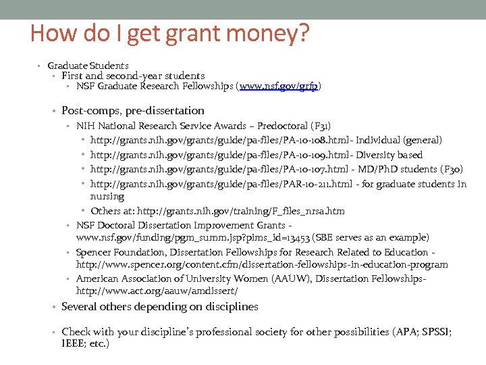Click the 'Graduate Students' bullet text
[x=88, y=66]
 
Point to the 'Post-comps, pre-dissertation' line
[x=132, y=111]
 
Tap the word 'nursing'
[x=107, y=197]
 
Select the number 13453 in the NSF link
[x=297, y=238]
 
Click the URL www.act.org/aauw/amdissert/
[x=157, y=291]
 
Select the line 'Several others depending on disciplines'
[x=159, y=307]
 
